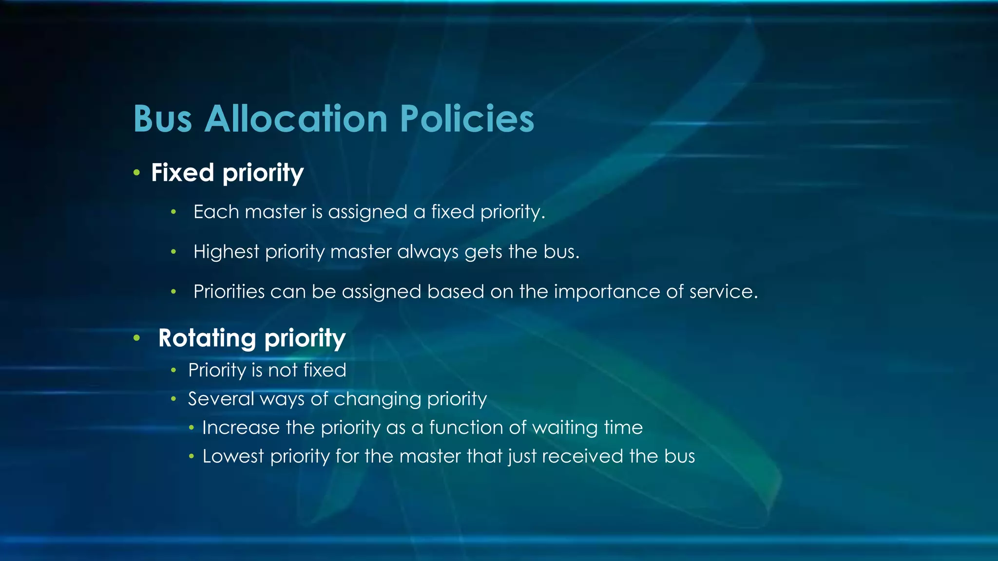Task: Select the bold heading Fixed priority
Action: point(227,173)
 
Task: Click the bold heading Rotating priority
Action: point(251,338)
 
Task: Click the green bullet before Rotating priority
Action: point(137,337)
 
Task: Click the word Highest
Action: point(226,252)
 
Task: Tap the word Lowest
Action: point(233,456)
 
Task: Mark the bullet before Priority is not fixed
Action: point(173,371)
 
